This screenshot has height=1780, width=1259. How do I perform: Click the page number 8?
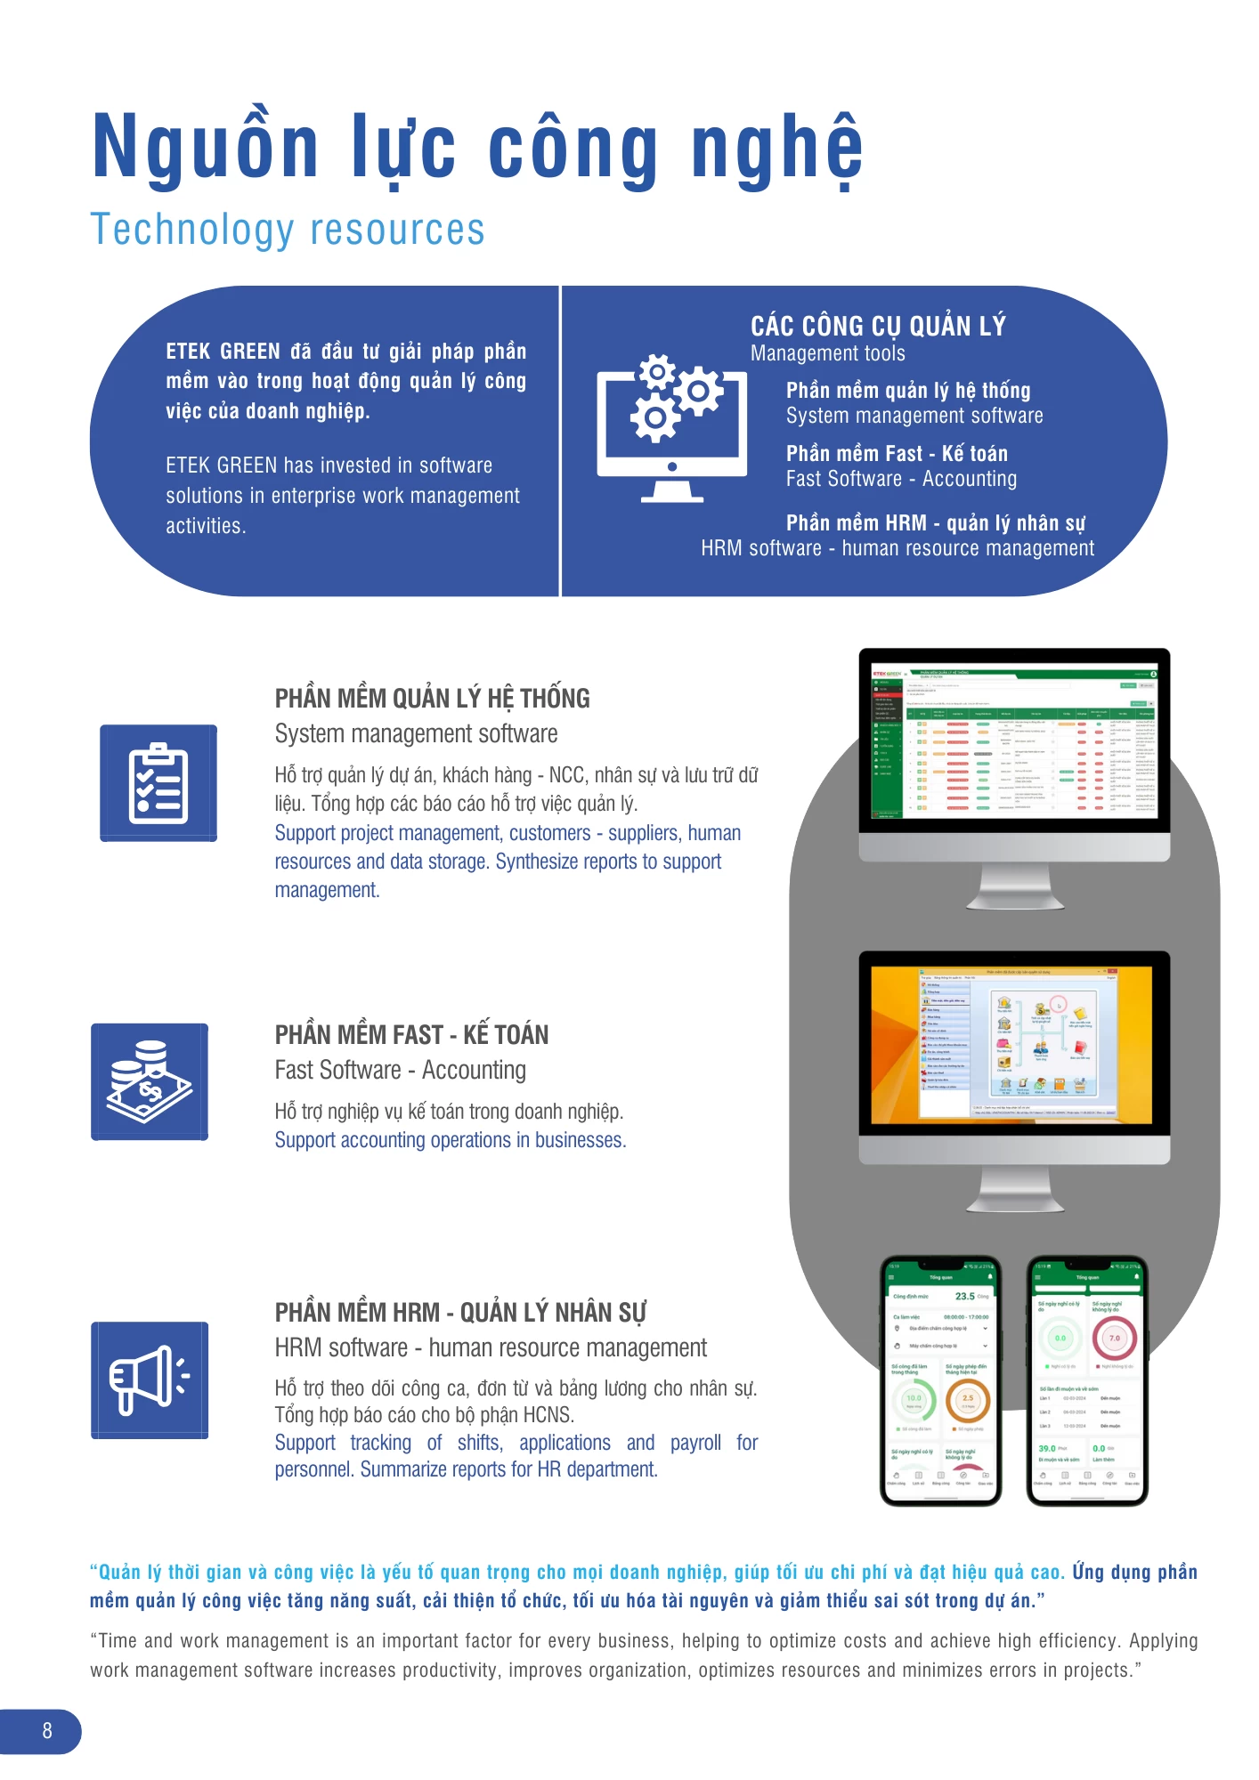[x=47, y=1731]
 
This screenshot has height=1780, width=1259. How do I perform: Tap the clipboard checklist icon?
[x=158, y=783]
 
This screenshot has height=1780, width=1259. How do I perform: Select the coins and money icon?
[x=150, y=1081]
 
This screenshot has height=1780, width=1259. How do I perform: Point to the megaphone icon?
[x=150, y=1379]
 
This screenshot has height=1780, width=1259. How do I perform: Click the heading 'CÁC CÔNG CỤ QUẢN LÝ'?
[x=878, y=327]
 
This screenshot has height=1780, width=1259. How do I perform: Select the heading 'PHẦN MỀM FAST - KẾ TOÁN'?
[x=411, y=1035]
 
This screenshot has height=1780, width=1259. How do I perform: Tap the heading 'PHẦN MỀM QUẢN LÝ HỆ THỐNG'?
[x=432, y=699]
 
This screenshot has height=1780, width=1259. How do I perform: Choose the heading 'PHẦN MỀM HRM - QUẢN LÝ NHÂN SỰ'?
[x=460, y=1313]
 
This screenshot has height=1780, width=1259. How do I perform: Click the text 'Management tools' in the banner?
[x=827, y=354]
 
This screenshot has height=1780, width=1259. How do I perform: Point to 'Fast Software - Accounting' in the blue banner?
[x=901, y=480]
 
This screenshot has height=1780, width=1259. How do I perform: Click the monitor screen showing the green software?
[x=1013, y=740]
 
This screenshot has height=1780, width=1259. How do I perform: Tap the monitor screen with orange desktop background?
[x=1013, y=1043]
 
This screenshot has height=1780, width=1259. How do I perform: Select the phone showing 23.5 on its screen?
[x=941, y=1380]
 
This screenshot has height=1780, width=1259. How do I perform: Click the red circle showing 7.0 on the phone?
[x=1114, y=1338]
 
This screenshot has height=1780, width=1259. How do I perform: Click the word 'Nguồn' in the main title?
[x=206, y=147]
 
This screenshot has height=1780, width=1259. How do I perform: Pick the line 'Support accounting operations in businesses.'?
[x=450, y=1140]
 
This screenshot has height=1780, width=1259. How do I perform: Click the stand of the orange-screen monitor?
[x=1014, y=1190]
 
